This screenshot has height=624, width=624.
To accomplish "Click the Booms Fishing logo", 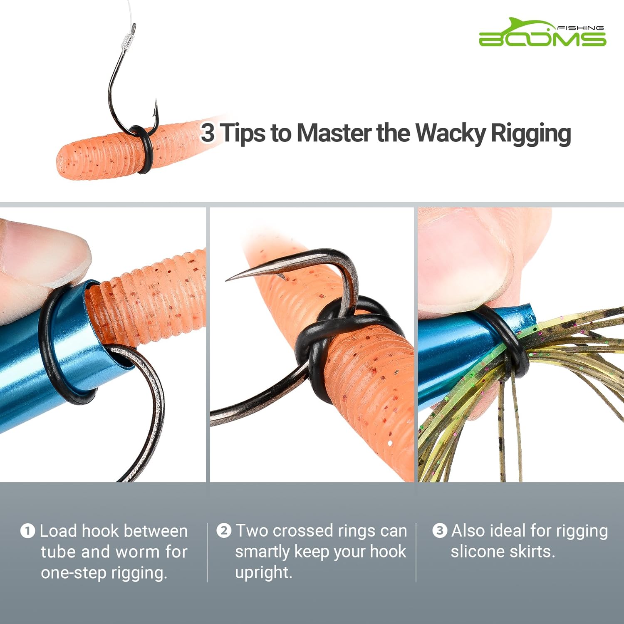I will pos(542,33).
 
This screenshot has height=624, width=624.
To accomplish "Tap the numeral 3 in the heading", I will pos(208,133).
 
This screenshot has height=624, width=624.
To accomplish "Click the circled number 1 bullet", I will pos(27,531).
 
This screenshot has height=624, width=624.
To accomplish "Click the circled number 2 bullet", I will pos(224,531).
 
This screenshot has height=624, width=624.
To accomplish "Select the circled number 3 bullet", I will pos(440,531).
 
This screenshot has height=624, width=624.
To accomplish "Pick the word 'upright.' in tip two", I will pos(263,573).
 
